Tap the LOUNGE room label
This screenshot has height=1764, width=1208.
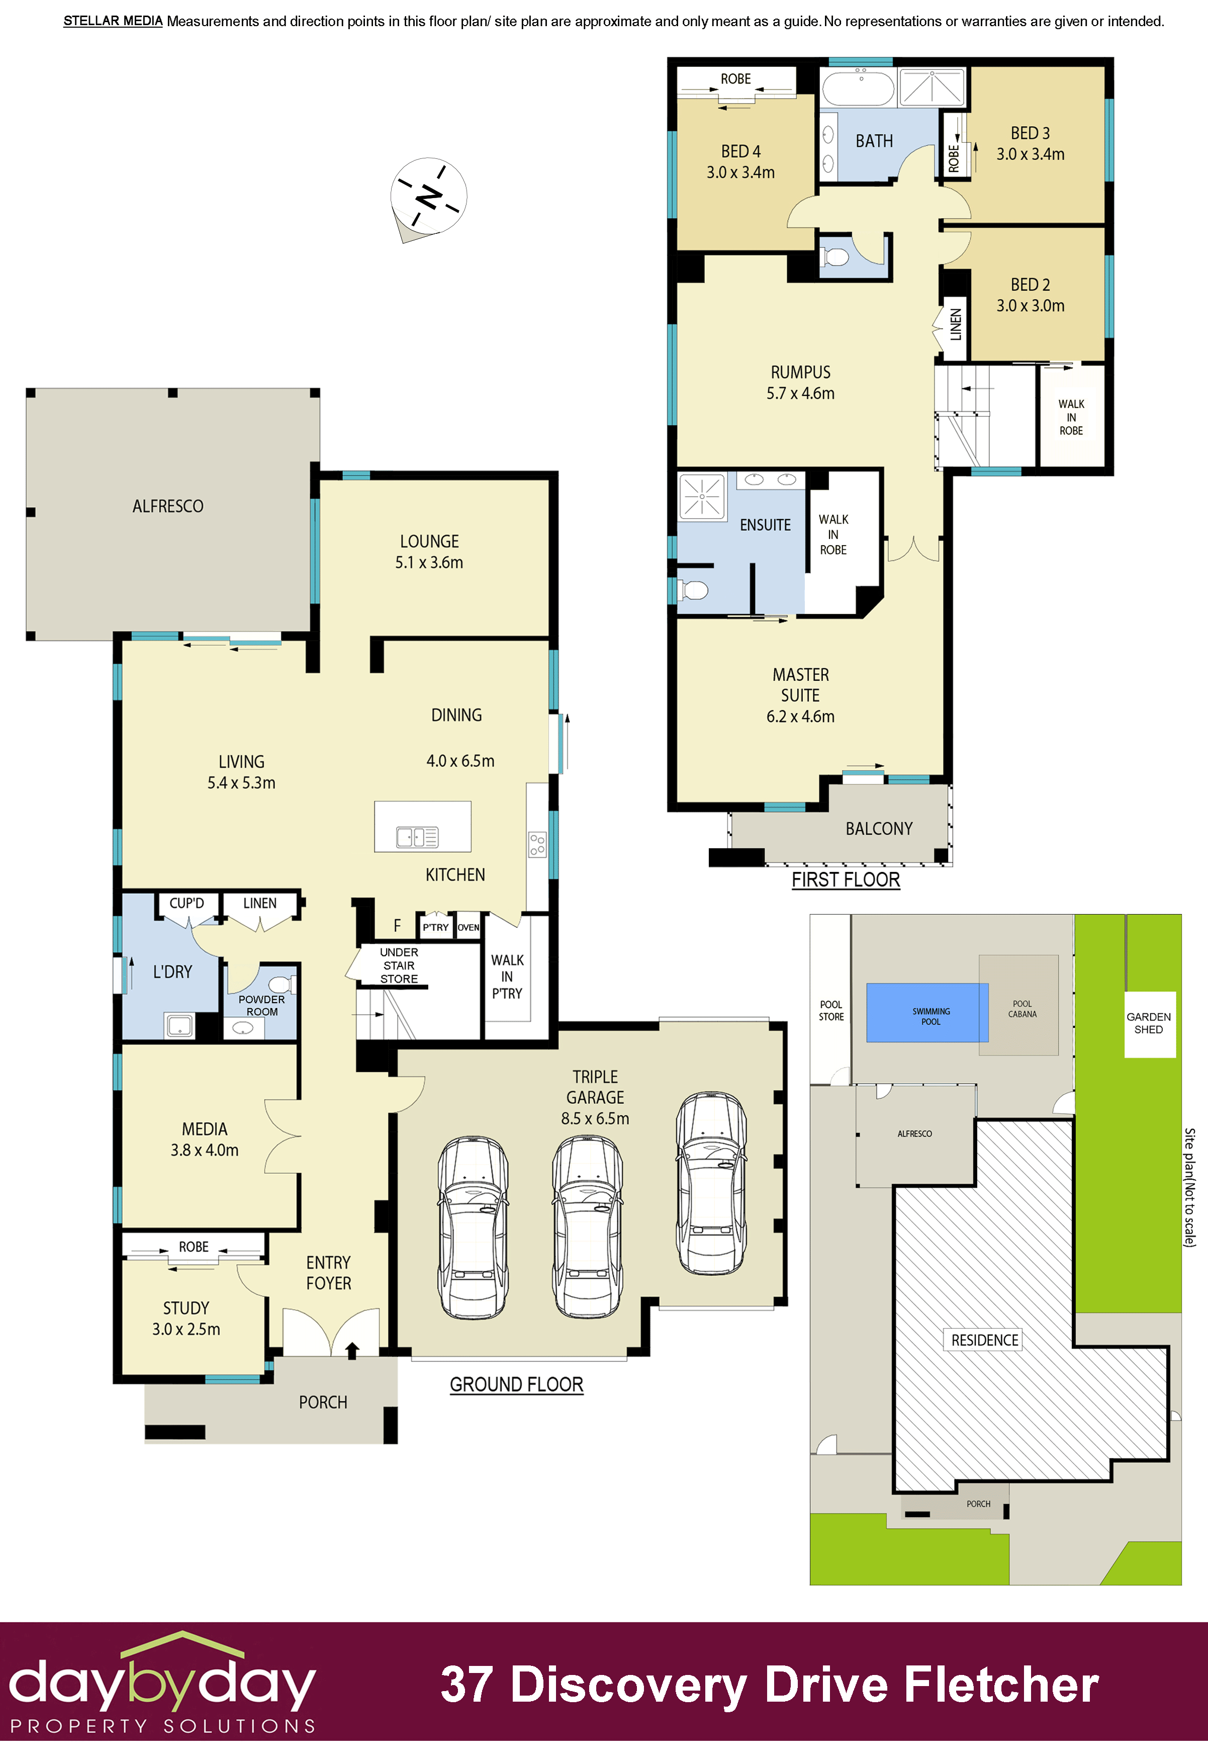pyautogui.click(x=429, y=541)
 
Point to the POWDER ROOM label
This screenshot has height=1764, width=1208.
pyautogui.click(x=262, y=1005)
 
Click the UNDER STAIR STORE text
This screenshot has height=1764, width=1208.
pyautogui.click(x=399, y=965)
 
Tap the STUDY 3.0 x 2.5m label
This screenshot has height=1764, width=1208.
pyautogui.click(x=186, y=1318)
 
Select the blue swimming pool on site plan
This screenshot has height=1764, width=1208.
pyautogui.click(x=927, y=1013)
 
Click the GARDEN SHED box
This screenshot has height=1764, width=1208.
pyautogui.click(x=1149, y=1023)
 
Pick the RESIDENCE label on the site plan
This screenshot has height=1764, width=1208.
pyautogui.click(x=985, y=1340)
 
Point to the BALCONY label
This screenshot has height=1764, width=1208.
pyautogui.click(x=879, y=828)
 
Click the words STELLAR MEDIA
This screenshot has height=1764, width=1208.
pyautogui.click(x=113, y=21)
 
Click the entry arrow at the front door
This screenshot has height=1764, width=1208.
pyautogui.click(x=352, y=1350)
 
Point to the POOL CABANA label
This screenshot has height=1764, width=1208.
pyautogui.click(x=1022, y=1009)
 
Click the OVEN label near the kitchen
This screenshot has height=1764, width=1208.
pyautogui.click(x=468, y=928)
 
